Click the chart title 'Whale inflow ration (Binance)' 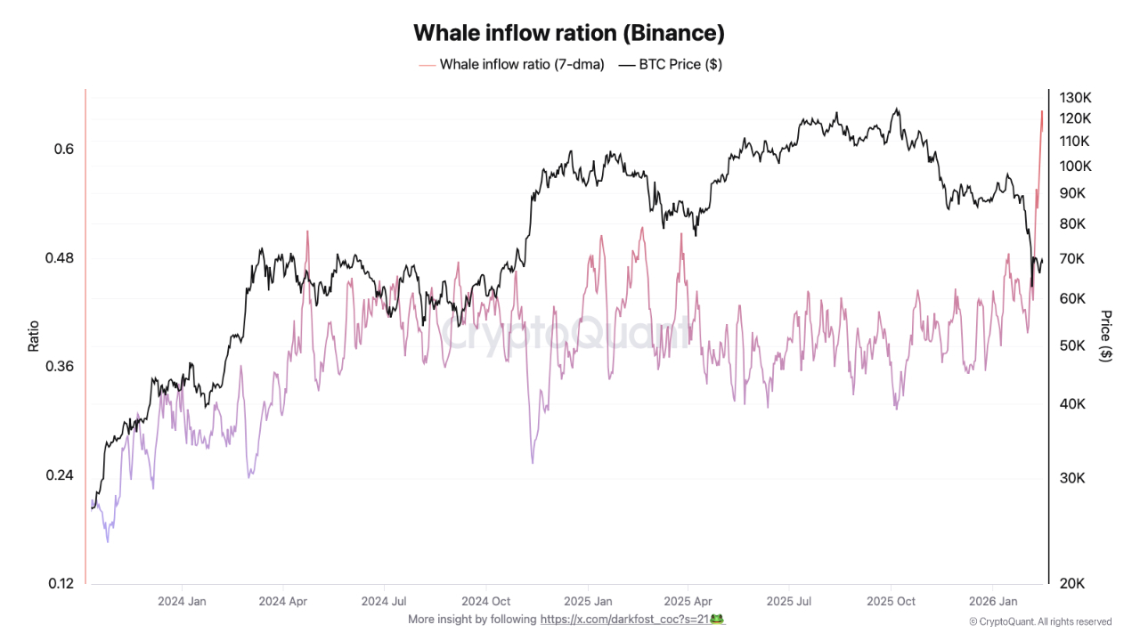tap(569, 33)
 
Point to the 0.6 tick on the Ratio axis tap(63, 150)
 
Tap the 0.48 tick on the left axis tap(59, 258)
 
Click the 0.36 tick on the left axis tap(59, 367)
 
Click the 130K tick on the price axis tap(1074, 97)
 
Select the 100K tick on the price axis tap(1074, 166)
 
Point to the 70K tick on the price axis tap(1071, 259)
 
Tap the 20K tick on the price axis tap(1071, 584)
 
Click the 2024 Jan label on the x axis tap(182, 602)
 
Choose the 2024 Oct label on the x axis tap(487, 602)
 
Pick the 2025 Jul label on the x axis tap(791, 602)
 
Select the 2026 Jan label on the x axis tap(993, 602)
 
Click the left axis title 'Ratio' tap(34, 336)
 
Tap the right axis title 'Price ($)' tap(1106, 336)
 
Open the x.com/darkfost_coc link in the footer tap(624, 620)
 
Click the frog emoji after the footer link tap(716, 619)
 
